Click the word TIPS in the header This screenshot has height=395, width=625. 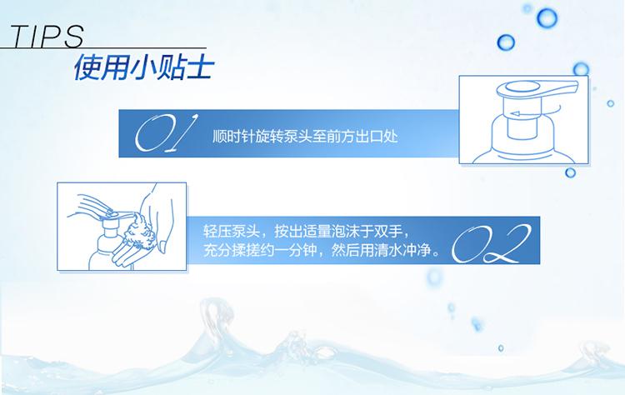coord(47,36)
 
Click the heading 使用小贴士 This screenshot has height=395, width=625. coord(143,67)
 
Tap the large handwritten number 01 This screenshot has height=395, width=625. coord(166,133)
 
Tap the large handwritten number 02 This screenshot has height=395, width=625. coord(491,243)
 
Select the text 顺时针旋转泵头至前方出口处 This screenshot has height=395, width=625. coord(305,137)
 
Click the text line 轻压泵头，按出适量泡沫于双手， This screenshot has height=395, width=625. coord(306,231)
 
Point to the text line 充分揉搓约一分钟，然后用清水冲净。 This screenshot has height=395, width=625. coord(322,250)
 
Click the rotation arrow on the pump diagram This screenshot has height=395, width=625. coord(535,112)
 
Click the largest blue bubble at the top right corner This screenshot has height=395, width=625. coord(547,17)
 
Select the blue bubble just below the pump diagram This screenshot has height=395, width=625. coord(570,172)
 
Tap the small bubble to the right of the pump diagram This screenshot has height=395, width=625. coord(610,103)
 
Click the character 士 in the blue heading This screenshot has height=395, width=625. coord(199,67)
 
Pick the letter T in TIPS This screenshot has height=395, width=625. coord(20,36)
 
